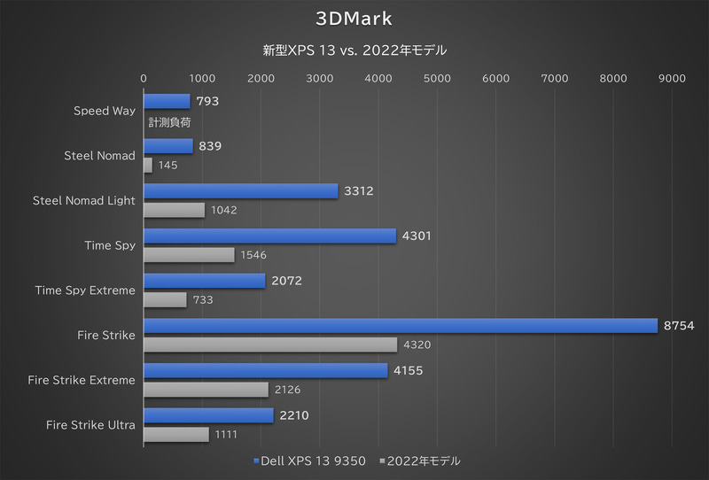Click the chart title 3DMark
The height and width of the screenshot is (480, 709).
(354, 18)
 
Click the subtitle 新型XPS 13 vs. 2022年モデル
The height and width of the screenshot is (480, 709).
(354, 51)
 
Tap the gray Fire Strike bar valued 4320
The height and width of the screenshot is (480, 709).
(269, 345)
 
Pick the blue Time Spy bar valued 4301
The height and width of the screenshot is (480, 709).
(269, 236)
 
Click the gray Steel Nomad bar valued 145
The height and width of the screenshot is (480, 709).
(147, 165)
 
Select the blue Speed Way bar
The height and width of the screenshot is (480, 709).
(166, 101)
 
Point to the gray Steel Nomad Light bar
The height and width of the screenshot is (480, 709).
(174, 210)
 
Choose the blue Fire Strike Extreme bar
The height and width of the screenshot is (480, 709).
(265, 370)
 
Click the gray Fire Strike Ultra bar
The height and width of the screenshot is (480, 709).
(175, 434)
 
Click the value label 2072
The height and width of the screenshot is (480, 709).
(287, 281)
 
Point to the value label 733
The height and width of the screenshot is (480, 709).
(203, 300)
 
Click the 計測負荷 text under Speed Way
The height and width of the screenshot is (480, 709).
(170, 122)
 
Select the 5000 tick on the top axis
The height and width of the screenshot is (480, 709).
(437, 79)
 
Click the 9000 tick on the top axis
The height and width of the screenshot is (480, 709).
(672, 79)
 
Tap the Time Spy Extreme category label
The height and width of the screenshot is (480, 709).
(85, 290)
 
